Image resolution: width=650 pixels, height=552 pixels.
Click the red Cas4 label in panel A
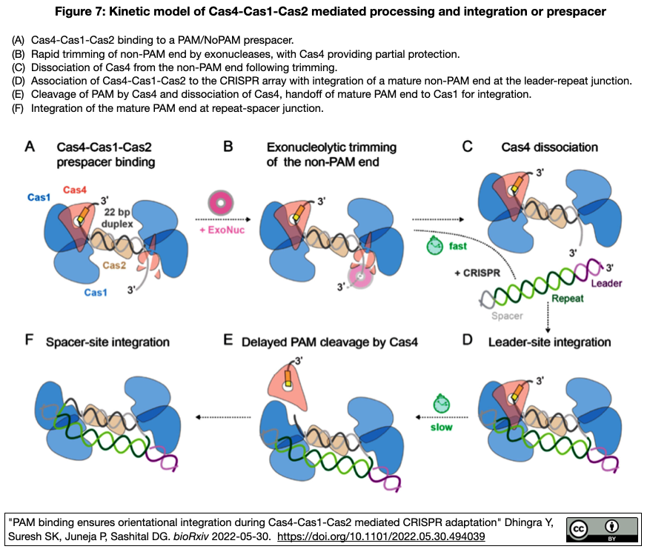(76, 190)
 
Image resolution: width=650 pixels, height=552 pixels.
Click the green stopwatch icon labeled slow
(442, 405)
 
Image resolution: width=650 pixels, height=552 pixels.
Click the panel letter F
(29, 342)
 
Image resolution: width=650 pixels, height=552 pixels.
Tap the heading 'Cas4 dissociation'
(550, 147)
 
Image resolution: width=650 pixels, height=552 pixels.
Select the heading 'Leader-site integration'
(549, 342)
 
